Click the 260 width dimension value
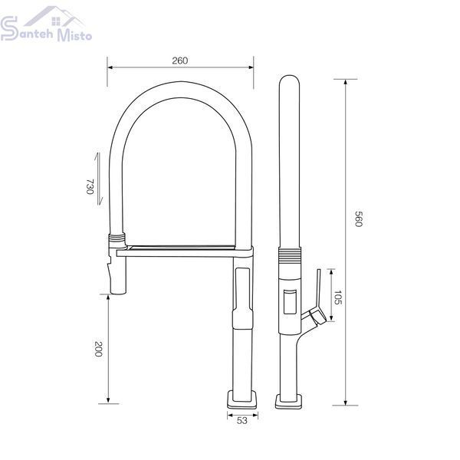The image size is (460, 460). (180, 61)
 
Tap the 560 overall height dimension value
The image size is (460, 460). (359, 219)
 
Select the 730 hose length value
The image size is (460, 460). (90, 186)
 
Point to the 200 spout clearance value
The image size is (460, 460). (98, 349)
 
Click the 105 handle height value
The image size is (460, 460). (337, 297)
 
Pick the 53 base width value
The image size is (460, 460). (242, 420)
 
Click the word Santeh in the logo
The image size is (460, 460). (27, 30)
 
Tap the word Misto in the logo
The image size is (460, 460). (74, 35)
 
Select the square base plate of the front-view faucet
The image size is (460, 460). (242, 399)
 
